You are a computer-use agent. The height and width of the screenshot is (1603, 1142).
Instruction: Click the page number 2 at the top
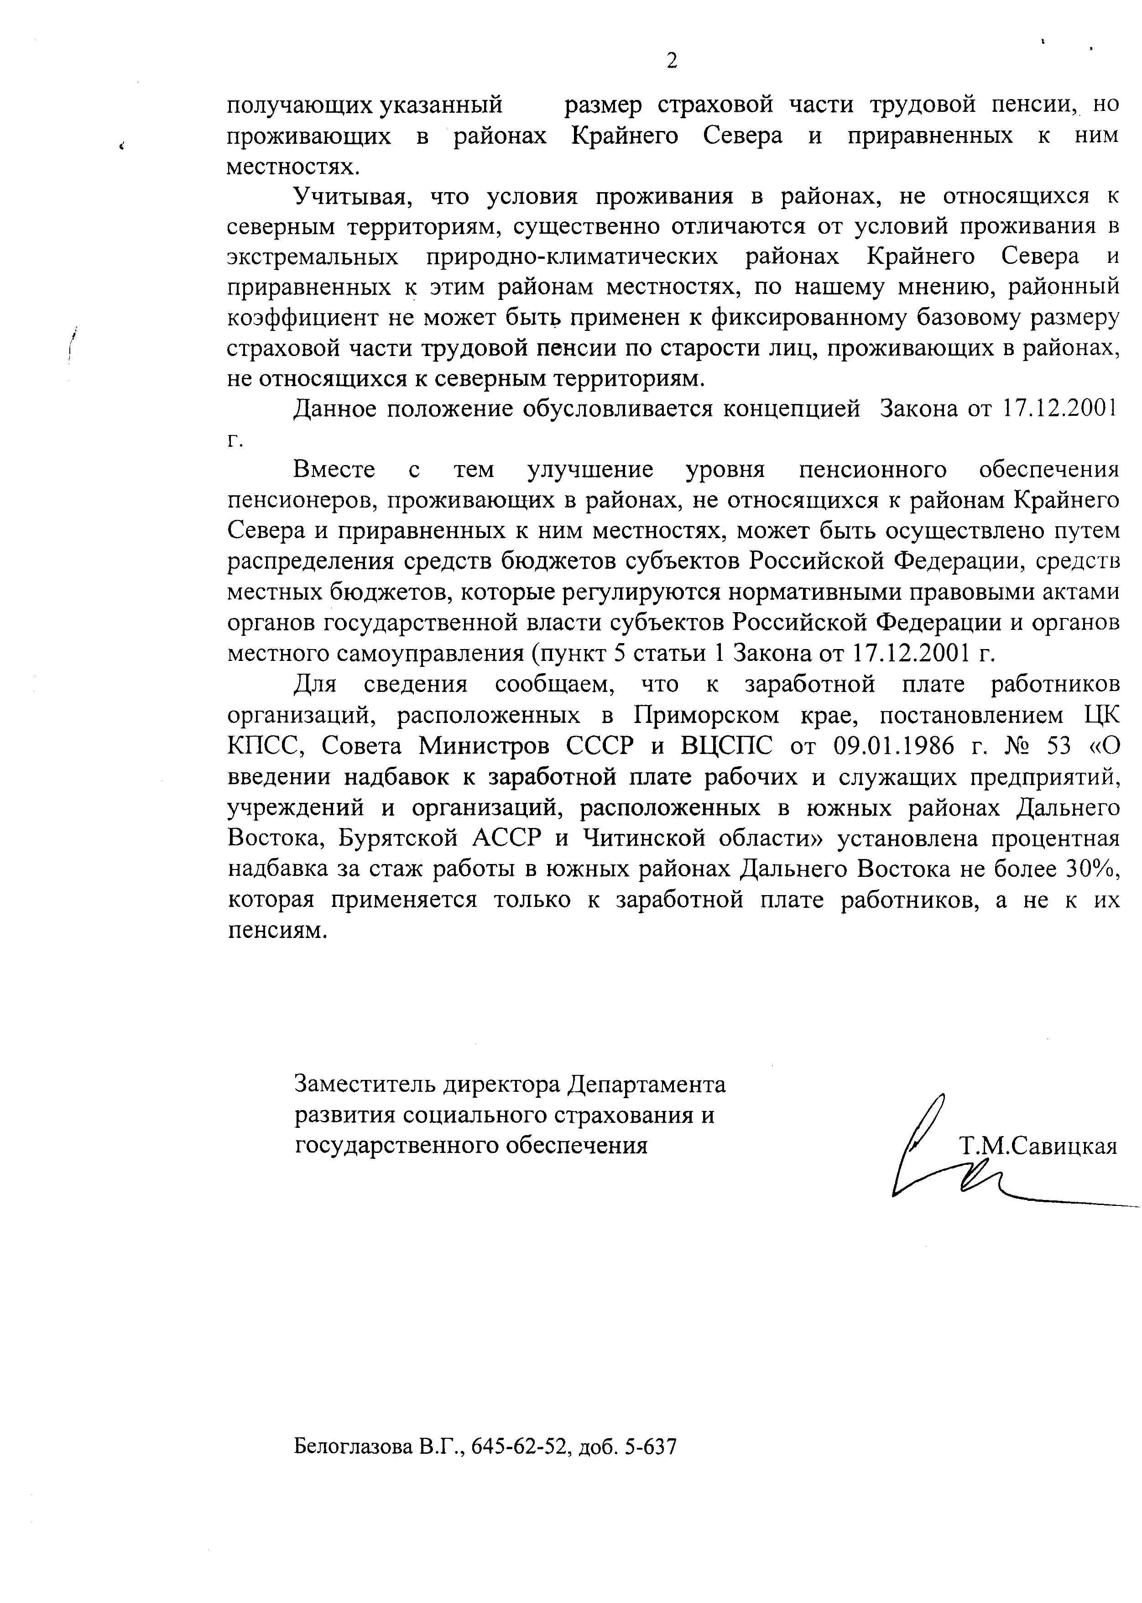[x=672, y=62]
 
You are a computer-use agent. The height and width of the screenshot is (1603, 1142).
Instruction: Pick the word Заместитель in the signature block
[x=364, y=1084]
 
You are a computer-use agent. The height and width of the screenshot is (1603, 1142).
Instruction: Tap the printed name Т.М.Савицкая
[x=1038, y=1147]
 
